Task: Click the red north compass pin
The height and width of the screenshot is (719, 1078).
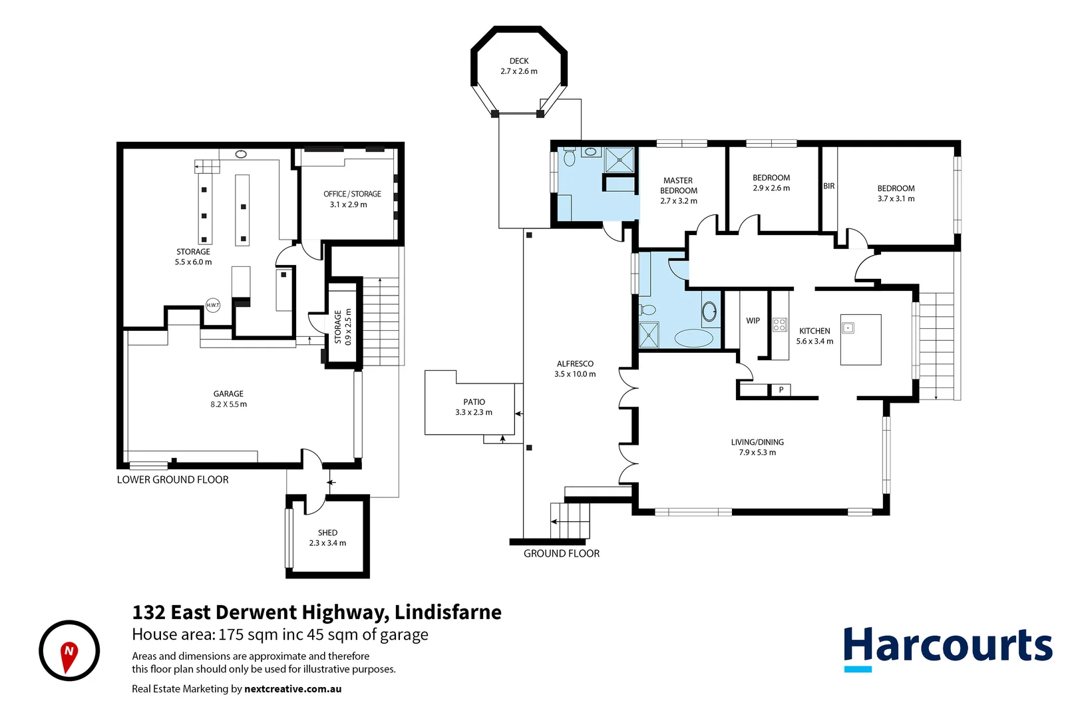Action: click(x=69, y=654)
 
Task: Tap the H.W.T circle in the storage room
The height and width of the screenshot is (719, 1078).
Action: click(x=213, y=305)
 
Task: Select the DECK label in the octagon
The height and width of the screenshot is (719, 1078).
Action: click(x=519, y=61)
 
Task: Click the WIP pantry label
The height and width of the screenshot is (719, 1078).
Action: click(x=753, y=321)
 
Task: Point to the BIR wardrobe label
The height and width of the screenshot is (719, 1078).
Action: click(x=828, y=186)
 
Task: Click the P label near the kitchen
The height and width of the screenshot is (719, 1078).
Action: click(x=781, y=390)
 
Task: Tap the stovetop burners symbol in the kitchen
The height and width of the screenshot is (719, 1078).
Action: click(x=780, y=325)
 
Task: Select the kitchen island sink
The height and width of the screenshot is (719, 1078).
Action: click(x=848, y=328)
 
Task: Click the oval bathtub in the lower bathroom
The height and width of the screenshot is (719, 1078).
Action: click(x=693, y=338)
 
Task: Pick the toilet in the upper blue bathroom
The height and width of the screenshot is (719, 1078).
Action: click(x=569, y=157)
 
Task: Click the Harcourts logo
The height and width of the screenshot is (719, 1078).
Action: click(x=948, y=646)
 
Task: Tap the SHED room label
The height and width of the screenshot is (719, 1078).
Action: click(x=327, y=533)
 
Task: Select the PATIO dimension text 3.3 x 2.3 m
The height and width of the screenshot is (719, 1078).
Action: click(x=474, y=413)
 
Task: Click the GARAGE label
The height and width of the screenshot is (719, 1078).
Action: click(x=228, y=394)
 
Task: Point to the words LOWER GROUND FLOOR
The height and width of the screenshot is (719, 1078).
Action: click(x=172, y=480)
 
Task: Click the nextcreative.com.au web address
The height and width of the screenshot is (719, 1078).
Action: click(x=293, y=689)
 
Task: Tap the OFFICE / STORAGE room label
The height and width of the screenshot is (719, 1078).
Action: click(x=352, y=194)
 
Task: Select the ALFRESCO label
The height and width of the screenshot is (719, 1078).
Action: click(x=575, y=364)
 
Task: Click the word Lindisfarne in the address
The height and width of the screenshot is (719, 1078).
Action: click(x=448, y=612)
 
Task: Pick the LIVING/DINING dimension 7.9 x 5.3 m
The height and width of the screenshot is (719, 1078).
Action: click(x=757, y=453)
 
